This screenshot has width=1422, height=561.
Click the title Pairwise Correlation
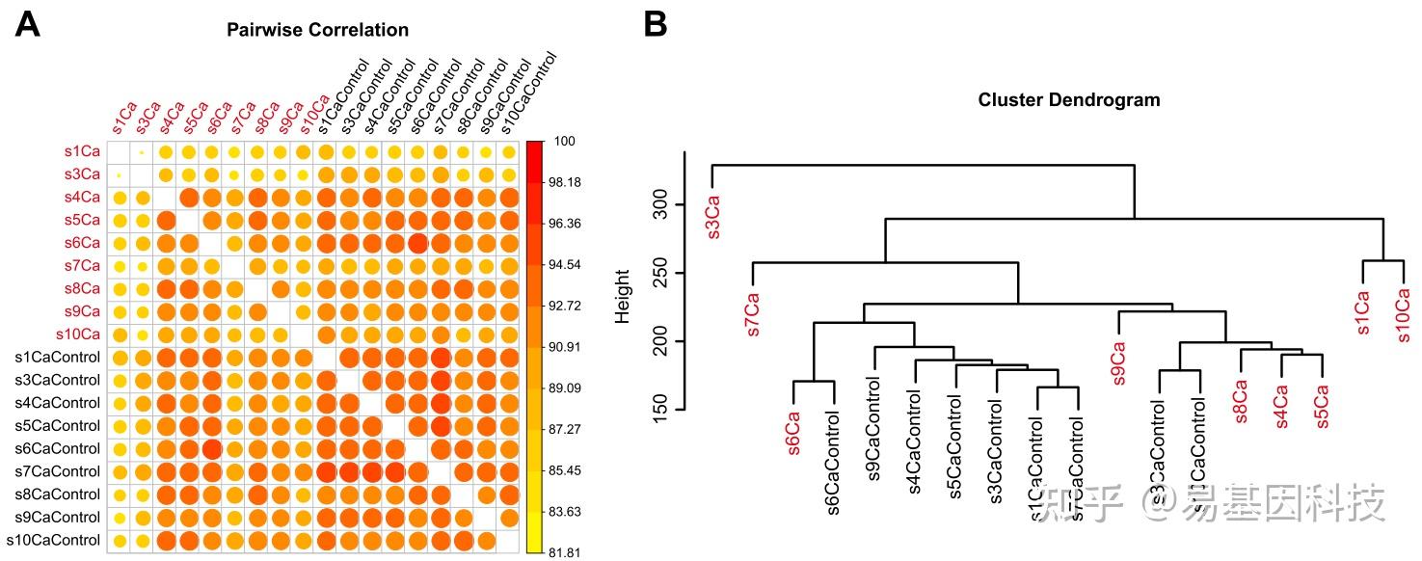317,30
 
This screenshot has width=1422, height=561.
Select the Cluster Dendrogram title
1068,100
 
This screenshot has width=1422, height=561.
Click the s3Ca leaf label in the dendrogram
713,218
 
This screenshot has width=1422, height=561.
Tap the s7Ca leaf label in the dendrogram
753,315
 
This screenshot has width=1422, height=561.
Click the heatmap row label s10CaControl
53,541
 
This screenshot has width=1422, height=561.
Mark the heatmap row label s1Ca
80,152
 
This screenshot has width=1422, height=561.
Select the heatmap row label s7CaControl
57,471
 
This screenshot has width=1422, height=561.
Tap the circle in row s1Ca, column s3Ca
142,152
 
